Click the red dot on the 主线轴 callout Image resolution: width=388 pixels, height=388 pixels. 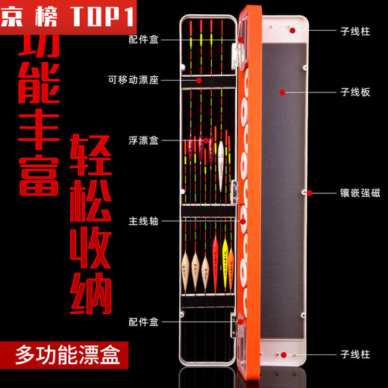tap(242, 220)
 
